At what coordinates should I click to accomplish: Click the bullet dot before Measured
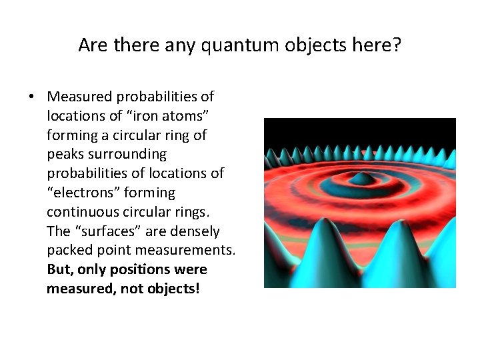[x=31, y=97]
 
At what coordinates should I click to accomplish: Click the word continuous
[x=86, y=212]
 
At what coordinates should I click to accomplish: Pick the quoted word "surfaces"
[x=103, y=231]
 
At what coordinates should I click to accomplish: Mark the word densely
[x=196, y=231]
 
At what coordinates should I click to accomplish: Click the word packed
[x=67, y=251]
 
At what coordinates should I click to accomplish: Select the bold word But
[x=59, y=270]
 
